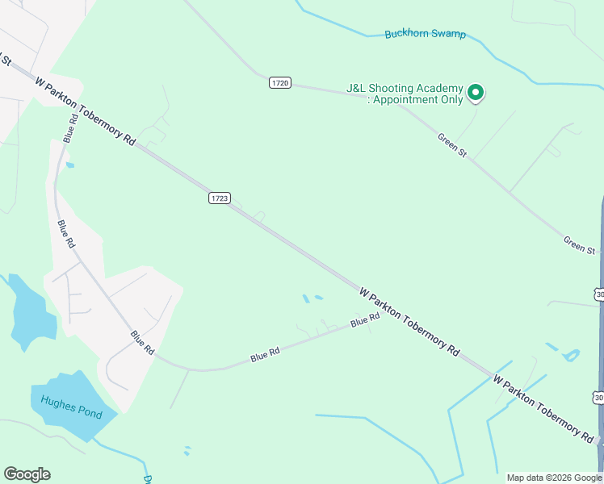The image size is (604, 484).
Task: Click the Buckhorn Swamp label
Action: click(425, 34)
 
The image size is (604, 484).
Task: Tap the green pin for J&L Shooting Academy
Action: click(476, 93)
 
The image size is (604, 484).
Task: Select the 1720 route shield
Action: click(280, 83)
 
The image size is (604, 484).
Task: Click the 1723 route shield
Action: click(220, 198)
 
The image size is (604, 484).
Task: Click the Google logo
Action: click(27, 474)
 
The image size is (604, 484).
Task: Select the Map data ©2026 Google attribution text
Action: click(554, 478)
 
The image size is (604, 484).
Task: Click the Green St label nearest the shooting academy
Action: click(452, 145)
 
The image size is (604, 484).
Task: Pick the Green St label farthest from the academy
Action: click(579, 244)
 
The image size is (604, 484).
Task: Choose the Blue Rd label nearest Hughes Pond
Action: click(142, 342)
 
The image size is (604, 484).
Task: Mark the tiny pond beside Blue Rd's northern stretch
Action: click(70, 165)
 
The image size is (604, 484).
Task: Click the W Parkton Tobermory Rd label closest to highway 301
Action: click(543, 408)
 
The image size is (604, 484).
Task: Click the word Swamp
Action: click(448, 35)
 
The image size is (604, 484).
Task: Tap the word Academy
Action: click(440, 88)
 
